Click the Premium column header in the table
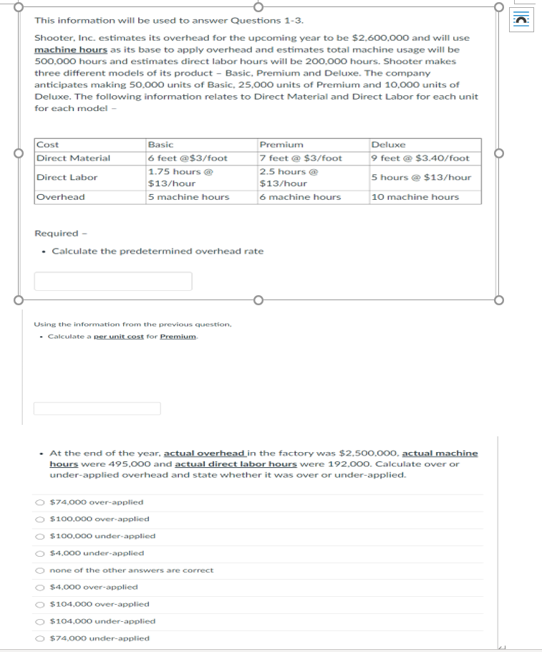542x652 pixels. [281, 145]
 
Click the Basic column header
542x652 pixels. [160, 145]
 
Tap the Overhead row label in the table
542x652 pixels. [61, 197]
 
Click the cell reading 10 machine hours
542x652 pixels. [415, 197]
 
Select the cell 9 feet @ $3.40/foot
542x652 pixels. [420, 158]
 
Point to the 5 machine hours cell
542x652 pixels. [188, 197]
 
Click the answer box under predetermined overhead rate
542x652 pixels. [113, 281]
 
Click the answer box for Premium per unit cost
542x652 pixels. [97, 408]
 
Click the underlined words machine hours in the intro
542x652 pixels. [71, 49]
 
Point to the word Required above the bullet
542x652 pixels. [56, 234]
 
